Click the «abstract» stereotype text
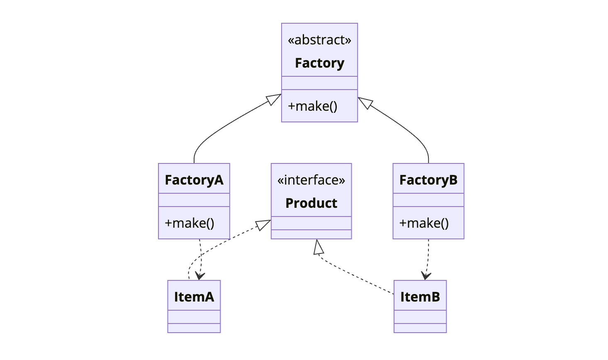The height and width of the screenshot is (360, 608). click(x=319, y=40)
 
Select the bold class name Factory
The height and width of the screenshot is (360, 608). click(x=319, y=63)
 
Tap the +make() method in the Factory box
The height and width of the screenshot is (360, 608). click(x=313, y=106)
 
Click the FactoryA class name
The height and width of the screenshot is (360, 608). click(x=194, y=180)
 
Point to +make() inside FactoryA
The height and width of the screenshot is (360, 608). click(x=190, y=223)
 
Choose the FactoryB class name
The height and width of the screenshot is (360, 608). click(x=428, y=180)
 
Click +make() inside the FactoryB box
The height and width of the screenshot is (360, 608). click(x=424, y=223)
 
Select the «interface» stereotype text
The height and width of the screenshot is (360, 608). click(x=311, y=180)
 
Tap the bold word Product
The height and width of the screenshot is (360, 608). click(x=311, y=203)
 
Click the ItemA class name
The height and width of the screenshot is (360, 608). click(x=194, y=297)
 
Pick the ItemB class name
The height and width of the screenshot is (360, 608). click(x=420, y=297)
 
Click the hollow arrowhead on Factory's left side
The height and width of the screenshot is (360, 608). click(x=274, y=99)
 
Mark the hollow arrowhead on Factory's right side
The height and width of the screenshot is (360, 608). click(x=365, y=102)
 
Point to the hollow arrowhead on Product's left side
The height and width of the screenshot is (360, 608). click(x=263, y=225)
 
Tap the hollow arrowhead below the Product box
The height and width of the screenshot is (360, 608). click(x=318, y=247)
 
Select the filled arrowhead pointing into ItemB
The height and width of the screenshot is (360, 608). click(x=426, y=276)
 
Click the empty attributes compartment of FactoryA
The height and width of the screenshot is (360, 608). click(x=194, y=200)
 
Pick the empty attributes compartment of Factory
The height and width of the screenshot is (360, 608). click(x=319, y=83)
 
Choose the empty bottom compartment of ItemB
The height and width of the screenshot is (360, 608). click(x=420, y=328)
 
